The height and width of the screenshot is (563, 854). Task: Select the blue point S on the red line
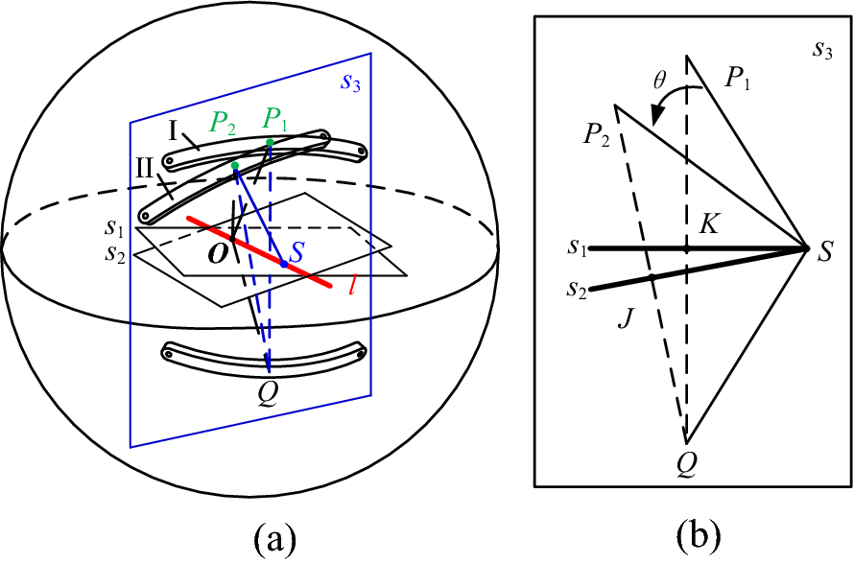283,263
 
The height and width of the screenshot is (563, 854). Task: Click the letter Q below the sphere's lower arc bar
269,391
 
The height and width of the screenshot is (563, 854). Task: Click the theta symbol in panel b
659,82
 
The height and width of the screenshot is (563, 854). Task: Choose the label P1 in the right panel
740,83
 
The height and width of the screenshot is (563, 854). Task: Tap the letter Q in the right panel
686,464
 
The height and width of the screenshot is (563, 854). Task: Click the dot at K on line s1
687,249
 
